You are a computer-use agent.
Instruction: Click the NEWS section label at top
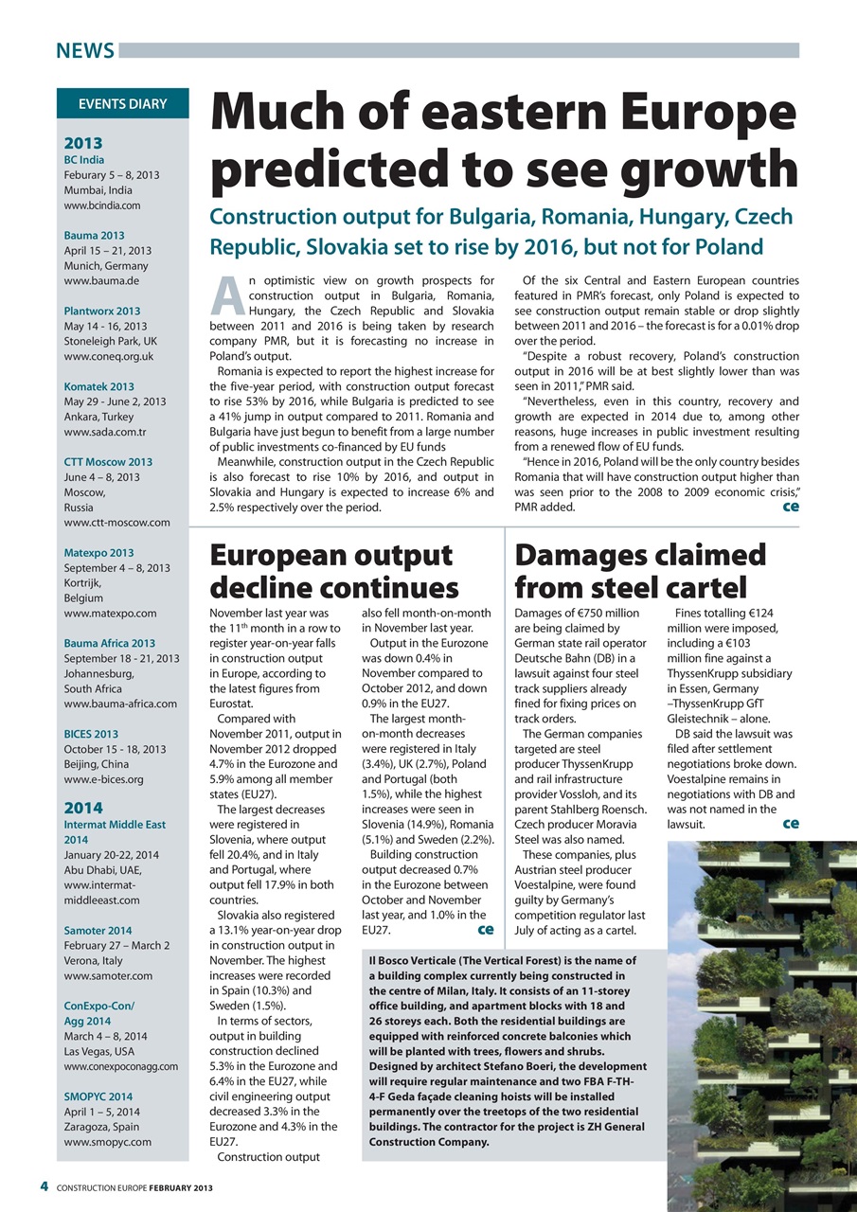84,51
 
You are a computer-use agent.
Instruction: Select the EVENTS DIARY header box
122,104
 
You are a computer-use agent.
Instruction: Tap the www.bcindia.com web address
102,205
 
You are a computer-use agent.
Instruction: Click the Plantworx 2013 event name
101,311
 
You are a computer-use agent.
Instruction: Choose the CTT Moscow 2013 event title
108,462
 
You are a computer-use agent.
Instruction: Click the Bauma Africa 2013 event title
109,643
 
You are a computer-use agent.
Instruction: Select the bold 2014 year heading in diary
82,808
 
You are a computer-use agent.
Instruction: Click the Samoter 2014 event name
98,931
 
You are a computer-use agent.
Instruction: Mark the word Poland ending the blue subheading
728,248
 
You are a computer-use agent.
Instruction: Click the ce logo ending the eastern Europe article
789,508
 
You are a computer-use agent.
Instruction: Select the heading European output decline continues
333,572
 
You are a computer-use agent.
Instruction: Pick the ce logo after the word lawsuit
790,824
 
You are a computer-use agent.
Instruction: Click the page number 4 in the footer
44,1187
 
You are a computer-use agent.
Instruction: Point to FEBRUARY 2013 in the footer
179,1188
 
